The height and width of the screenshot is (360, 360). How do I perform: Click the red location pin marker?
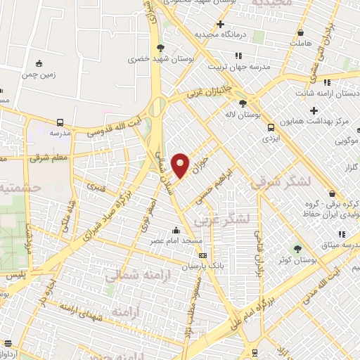181,165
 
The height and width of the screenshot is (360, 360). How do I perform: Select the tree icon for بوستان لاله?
243,103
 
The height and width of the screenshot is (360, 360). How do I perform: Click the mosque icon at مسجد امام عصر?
175,231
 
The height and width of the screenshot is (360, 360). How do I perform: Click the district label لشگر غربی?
243,219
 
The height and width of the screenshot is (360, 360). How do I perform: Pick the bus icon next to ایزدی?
271,127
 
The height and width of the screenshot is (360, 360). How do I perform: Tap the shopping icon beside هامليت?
301,32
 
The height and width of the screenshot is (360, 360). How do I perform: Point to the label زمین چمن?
38,73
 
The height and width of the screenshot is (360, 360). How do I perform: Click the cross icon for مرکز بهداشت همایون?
314,110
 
